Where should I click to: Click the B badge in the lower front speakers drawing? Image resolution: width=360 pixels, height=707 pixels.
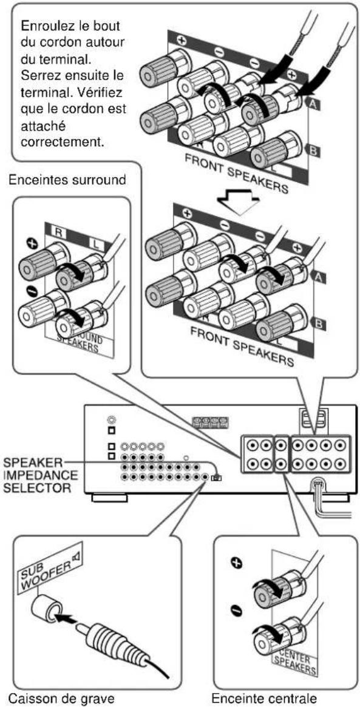point(318,323)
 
